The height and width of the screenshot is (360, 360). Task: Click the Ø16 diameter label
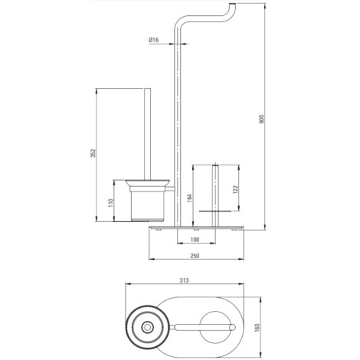pyautogui.click(x=154, y=40)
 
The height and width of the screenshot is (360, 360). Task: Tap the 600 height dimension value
pyautogui.click(x=261, y=119)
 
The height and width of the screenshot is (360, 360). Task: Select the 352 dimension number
pyautogui.click(x=93, y=153)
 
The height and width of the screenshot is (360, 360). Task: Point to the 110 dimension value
pyautogui.click(x=110, y=203)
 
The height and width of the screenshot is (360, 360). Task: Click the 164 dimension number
pyautogui.click(x=189, y=198)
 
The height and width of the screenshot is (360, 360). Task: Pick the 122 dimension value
pyautogui.click(x=235, y=189)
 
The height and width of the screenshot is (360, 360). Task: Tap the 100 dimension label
pyautogui.click(x=195, y=240)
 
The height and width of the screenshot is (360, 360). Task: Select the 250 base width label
pyautogui.click(x=195, y=256)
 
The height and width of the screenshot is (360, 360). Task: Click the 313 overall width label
pyautogui.click(x=184, y=280)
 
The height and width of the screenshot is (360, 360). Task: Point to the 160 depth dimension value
pyautogui.click(x=257, y=328)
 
